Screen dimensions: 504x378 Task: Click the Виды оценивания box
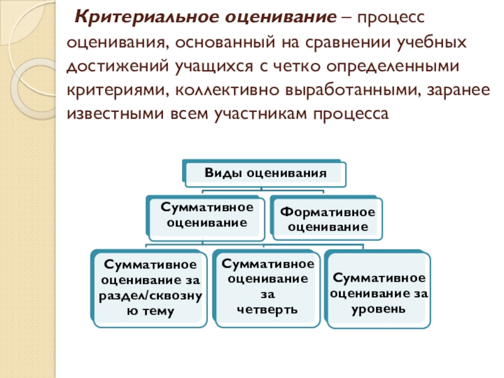(265, 173)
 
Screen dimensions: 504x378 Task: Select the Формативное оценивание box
(327, 218)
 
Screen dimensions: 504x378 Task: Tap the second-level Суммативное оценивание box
(207, 215)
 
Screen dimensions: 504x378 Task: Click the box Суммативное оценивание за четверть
(268, 287)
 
